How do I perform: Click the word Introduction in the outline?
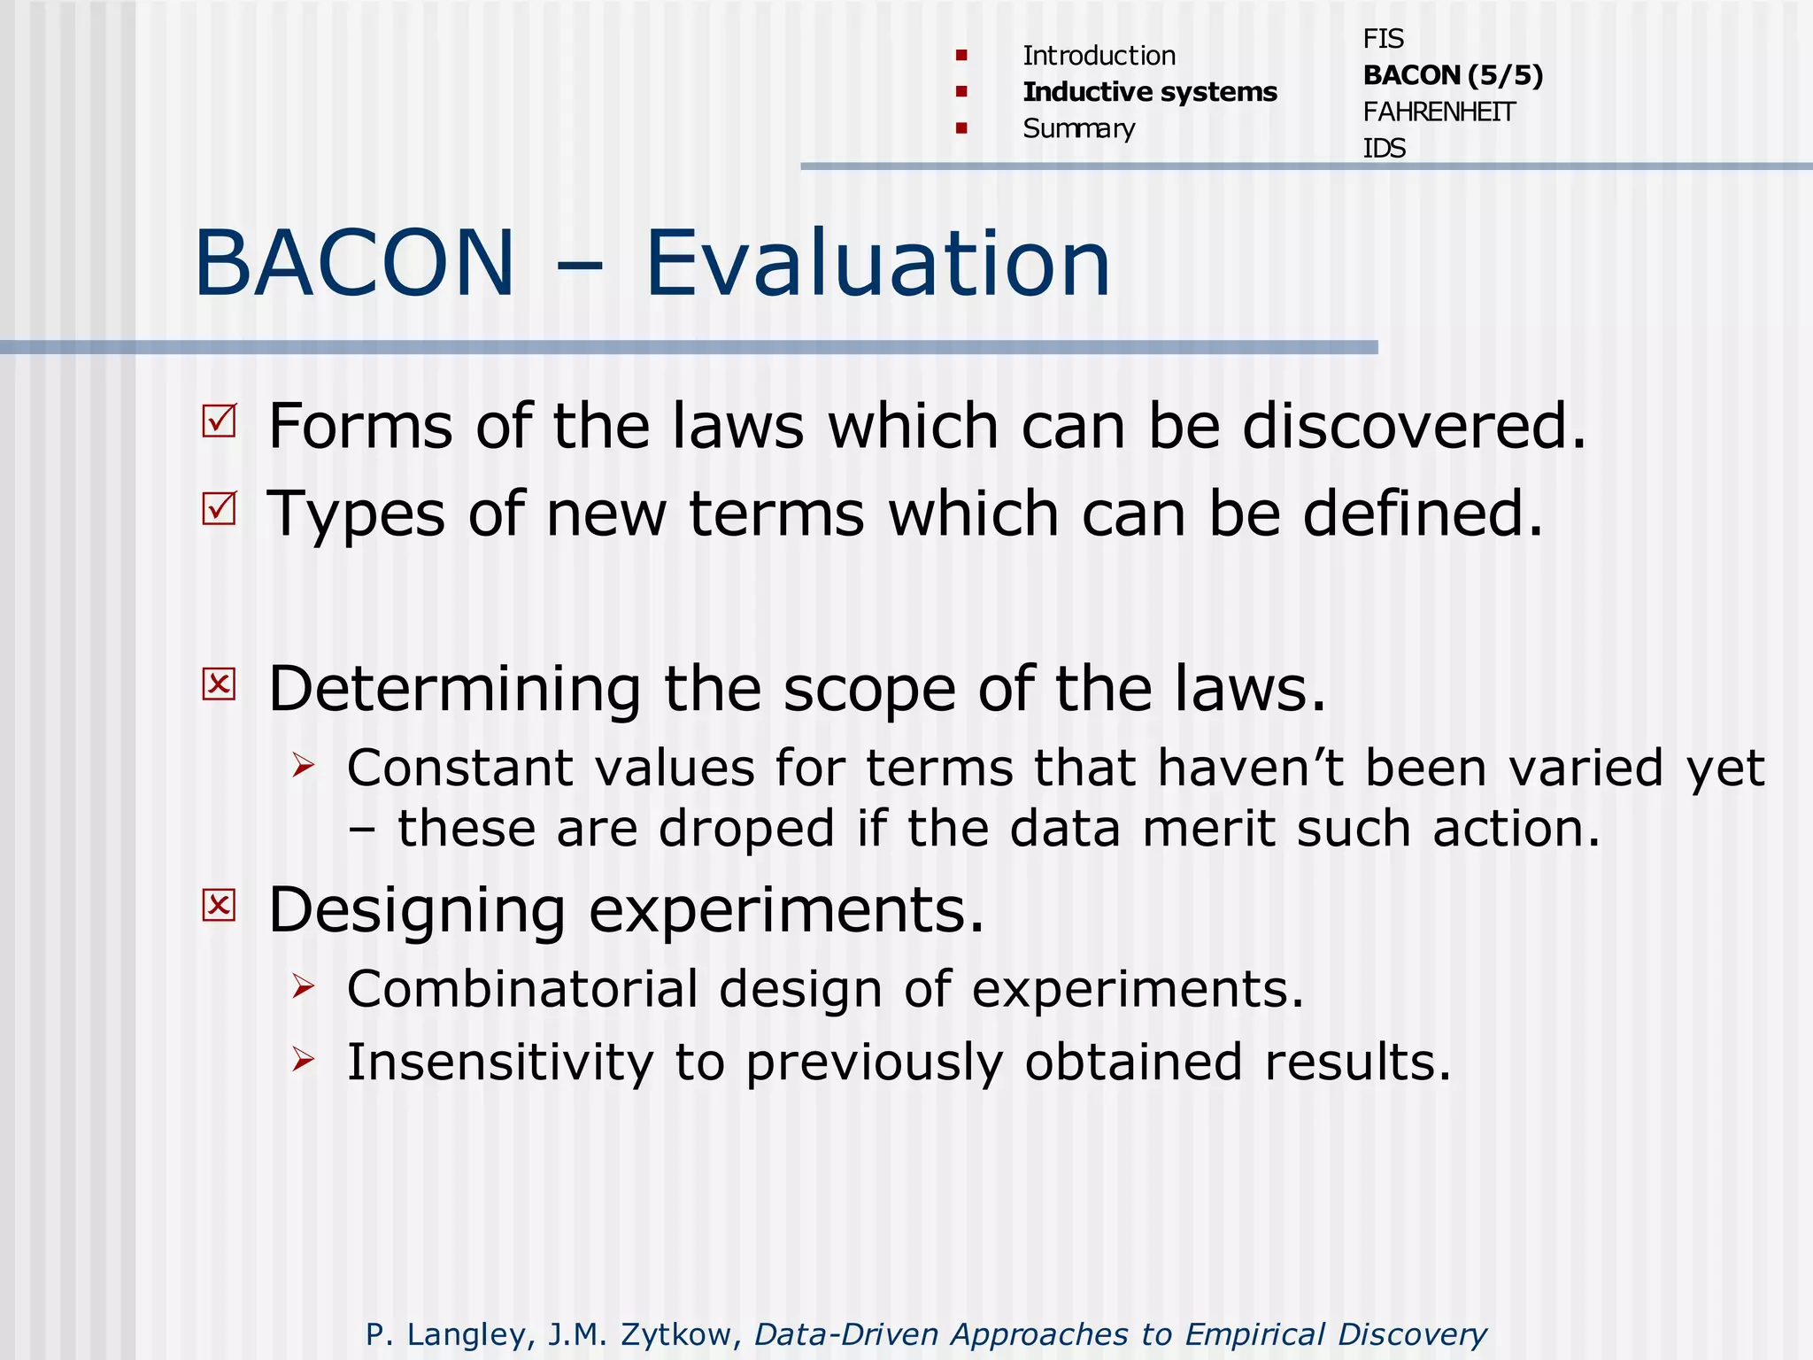[x=1099, y=56]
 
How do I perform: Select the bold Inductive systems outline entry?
[x=1149, y=92]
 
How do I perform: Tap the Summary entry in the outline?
[x=1078, y=129]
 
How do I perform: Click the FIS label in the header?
[x=1383, y=39]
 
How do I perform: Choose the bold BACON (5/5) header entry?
[x=1453, y=75]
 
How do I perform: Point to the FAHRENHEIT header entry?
[x=1439, y=112]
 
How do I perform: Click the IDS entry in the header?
[x=1384, y=149]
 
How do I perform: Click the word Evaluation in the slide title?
[x=876, y=264]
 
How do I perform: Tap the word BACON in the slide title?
[x=354, y=264]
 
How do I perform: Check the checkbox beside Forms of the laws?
[x=220, y=421]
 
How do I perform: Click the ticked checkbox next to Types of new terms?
[x=220, y=508]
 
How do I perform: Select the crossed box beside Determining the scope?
[x=220, y=684]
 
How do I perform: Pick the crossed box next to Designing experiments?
[x=220, y=905]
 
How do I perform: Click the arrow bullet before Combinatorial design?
[x=304, y=985]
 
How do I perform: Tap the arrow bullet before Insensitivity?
[x=304, y=1058]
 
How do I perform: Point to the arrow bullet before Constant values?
[x=304, y=764]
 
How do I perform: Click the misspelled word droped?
[x=746, y=830]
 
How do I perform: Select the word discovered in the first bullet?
[x=1414, y=427]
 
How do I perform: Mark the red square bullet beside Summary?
[x=961, y=128]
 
